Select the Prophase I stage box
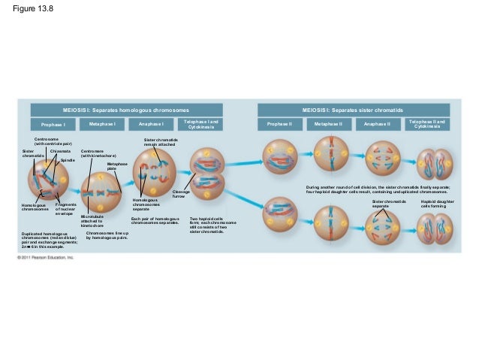pos(53,124)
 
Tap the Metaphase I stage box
pos(101,123)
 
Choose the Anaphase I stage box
pos(150,123)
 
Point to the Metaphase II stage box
pos(328,123)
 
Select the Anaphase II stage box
pos(377,123)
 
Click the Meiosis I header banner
pos(125,110)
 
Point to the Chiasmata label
pos(60,151)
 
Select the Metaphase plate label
pos(116,166)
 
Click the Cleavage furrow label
pos(181,194)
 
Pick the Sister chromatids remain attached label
pos(161,142)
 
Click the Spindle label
pos(67,159)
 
